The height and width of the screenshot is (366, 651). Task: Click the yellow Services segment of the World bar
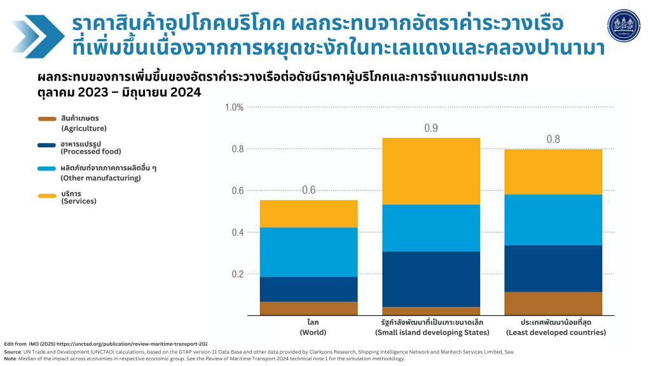coord(308,213)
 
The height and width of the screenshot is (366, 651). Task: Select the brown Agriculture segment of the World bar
coord(308,308)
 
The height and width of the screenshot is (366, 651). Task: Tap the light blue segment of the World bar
coord(308,252)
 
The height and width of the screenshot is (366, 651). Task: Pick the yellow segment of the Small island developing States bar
coord(431,171)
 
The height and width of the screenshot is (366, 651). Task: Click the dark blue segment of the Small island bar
coord(431,279)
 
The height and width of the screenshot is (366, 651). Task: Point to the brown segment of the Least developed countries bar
coord(552,303)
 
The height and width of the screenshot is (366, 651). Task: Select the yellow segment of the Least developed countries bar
coord(552,172)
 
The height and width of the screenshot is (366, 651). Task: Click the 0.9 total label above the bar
coord(431,128)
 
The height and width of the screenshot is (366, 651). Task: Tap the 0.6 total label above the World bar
coord(308,190)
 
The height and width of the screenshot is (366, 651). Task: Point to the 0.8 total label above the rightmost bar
coord(552,140)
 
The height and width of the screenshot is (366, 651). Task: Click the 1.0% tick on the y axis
coord(234,107)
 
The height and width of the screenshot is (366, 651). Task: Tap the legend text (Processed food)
coord(90,152)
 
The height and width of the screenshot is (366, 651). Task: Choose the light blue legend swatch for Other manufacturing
coord(48,168)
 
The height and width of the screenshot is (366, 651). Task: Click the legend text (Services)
coord(79,201)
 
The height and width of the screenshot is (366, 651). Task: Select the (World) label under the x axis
coord(313,332)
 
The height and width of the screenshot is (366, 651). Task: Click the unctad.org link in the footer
coord(137,344)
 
